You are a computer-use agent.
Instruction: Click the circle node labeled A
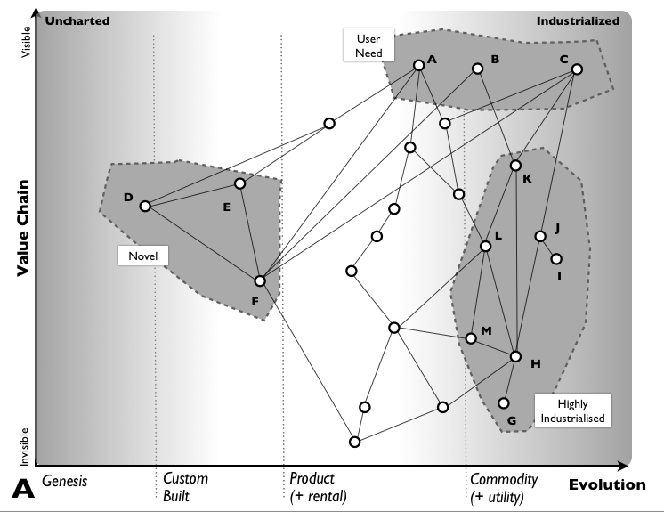(x=418, y=65)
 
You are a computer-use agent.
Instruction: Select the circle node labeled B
(x=477, y=69)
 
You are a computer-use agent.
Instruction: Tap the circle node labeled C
(x=577, y=69)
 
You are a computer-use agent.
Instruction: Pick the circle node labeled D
(x=144, y=207)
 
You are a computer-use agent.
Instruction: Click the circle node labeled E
(x=239, y=183)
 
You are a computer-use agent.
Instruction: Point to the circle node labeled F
(x=259, y=280)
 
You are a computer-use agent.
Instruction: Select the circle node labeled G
(x=504, y=402)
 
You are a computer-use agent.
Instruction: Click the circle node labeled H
(x=515, y=356)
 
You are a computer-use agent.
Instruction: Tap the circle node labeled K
(x=515, y=166)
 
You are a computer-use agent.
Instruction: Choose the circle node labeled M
(x=471, y=338)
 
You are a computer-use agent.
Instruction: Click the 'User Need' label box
(x=368, y=45)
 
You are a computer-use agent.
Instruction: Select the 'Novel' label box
(x=143, y=256)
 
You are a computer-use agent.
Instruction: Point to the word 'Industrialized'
(x=578, y=20)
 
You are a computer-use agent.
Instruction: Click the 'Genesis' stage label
(x=64, y=481)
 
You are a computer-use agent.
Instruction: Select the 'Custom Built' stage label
(x=185, y=488)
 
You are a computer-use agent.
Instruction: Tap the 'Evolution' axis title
(x=608, y=485)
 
